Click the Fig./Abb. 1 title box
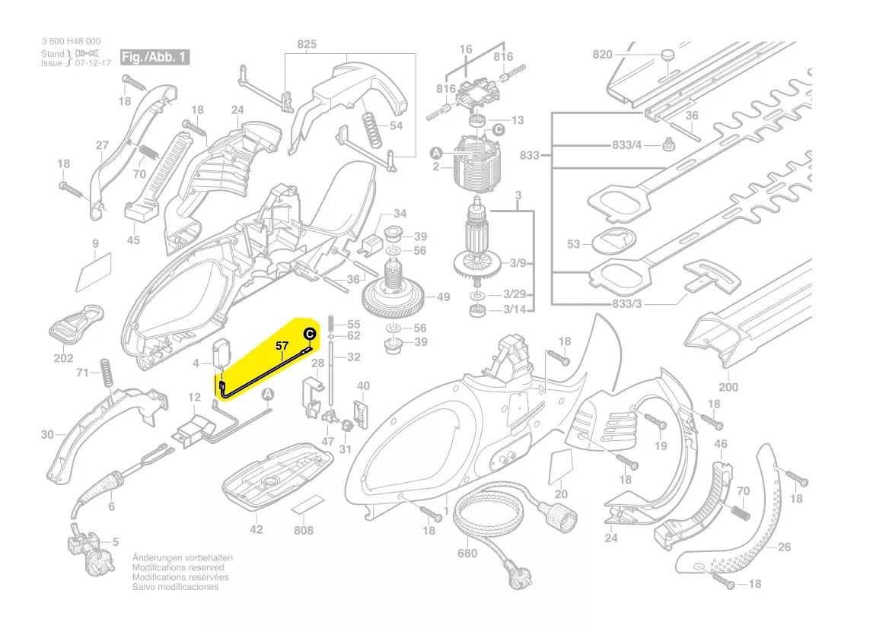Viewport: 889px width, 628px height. (x=155, y=57)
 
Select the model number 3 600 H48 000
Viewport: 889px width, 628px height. (x=70, y=42)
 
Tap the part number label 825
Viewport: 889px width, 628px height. (x=307, y=45)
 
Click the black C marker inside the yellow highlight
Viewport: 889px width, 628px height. (x=310, y=334)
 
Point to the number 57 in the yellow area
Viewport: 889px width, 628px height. (x=282, y=346)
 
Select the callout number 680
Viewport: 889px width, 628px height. (x=467, y=553)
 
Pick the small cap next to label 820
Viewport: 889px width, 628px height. (x=668, y=55)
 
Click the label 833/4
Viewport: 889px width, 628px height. (x=627, y=144)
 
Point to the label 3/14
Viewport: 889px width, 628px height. (x=518, y=309)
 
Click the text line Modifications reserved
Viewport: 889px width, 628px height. (x=178, y=567)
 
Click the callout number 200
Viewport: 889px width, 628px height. (x=728, y=387)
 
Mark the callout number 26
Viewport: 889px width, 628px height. (x=785, y=547)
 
